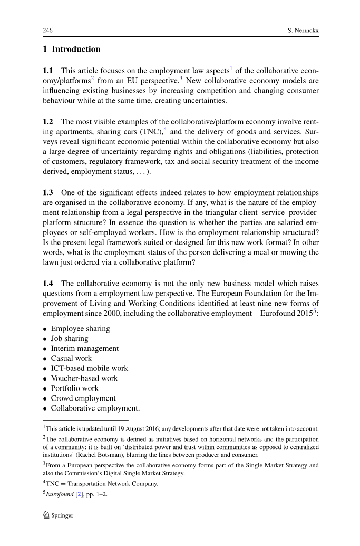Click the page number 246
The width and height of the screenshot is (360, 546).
(x=47, y=31)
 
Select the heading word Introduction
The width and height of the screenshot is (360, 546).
(x=76, y=50)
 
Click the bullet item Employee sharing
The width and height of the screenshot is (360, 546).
(x=80, y=329)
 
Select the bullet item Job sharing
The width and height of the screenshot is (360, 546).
(x=70, y=339)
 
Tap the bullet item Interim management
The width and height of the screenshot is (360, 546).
(x=84, y=349)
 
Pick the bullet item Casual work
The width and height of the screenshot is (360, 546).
(x=71, y=359)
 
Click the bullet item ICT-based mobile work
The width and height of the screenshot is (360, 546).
(x=89, y=369)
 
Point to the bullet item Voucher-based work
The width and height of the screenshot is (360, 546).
(x=84, y=378)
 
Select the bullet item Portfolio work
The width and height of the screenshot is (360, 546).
(x=74, y=388)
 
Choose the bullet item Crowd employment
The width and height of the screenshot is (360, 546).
(x=83, y=398)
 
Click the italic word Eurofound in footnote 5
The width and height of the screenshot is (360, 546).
(x=60, y=494)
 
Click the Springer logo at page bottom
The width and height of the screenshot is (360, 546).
(x=58, y=515)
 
